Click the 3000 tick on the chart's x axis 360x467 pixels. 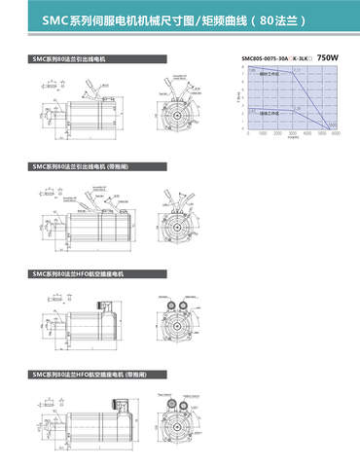point(294,134)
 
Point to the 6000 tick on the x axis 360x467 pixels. point(336,134)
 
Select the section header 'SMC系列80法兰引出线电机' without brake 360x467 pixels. point(69,58)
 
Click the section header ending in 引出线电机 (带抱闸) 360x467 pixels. point(82,165)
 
